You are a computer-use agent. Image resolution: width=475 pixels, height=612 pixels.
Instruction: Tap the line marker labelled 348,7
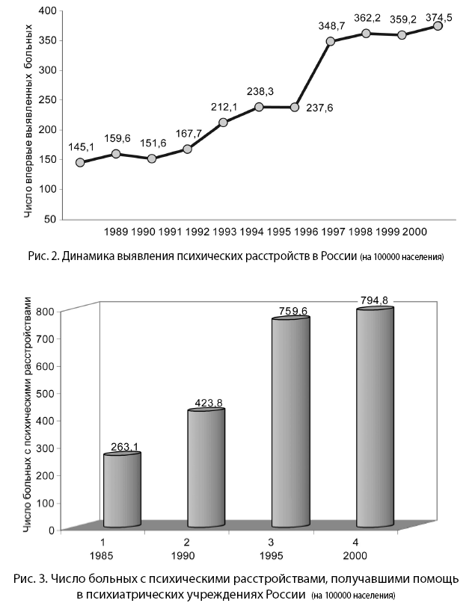[x=331, y=41]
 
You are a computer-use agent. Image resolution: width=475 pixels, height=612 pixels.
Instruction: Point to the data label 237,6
[x=319, y=108]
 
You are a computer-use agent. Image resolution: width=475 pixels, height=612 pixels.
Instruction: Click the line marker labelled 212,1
[x=223, y=122]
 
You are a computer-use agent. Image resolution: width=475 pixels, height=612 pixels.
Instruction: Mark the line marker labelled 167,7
[x=187, y=149]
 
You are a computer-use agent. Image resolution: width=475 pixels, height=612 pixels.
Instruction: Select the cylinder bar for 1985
[x=123, y=489]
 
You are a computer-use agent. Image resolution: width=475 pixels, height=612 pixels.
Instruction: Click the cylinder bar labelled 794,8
[x=375, y=418]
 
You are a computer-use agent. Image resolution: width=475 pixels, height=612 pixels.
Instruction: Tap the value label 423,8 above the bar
[x=206, y=403]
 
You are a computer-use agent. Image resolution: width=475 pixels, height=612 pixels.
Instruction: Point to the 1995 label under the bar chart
[x=290, y=557]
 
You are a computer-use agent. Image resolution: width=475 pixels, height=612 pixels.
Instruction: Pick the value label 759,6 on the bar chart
[x=290, y=312]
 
